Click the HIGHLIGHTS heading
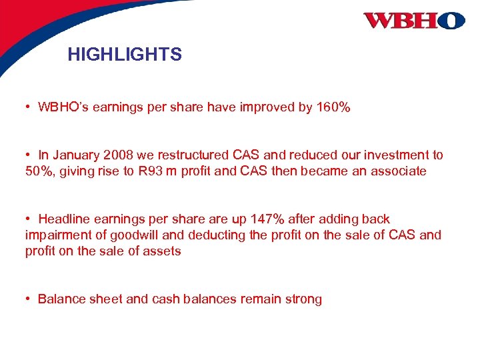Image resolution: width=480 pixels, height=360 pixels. pos(124,55)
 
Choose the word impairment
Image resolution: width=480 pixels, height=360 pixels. pos(57,235)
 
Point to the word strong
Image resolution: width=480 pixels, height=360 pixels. pos(304,299)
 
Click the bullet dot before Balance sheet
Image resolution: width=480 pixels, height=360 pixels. pos(29,299)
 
